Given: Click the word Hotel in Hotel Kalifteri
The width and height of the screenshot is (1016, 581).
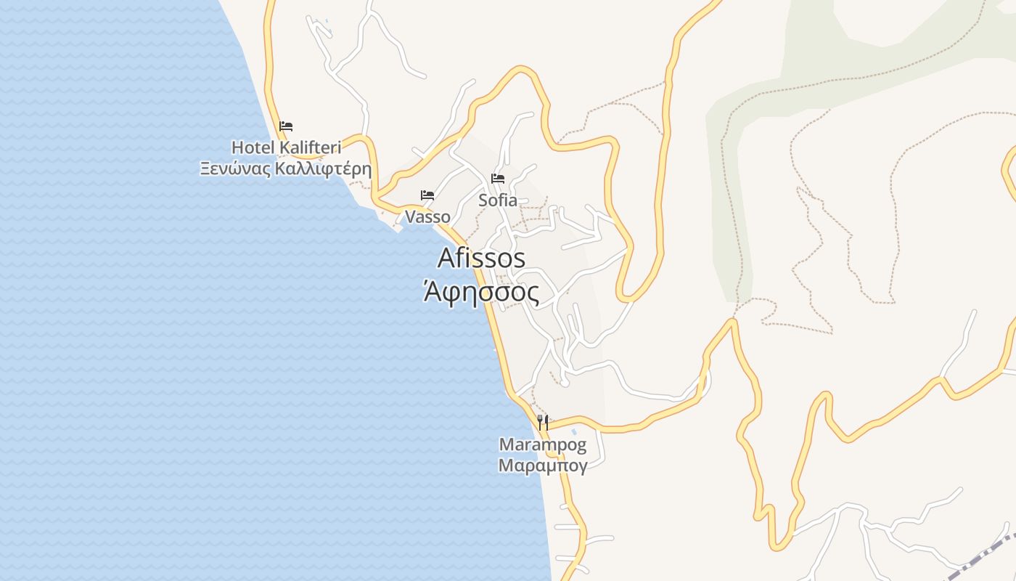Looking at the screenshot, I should pos(253,147).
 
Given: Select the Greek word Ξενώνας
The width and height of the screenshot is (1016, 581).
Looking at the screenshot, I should pos(237,170).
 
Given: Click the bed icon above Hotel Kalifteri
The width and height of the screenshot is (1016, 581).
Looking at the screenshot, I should pos(286,126).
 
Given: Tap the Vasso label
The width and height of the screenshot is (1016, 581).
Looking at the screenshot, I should pos(427,216).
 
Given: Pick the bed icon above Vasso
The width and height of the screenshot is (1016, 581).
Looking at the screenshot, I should pos(427,195).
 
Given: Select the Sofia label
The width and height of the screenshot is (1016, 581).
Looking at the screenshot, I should pos(498,200).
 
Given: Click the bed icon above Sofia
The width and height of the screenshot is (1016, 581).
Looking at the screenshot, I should pos(498,178).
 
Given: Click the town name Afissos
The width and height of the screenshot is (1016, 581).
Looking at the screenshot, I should pos(481,258).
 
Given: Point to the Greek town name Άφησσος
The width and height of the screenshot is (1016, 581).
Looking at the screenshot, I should pos(481,293).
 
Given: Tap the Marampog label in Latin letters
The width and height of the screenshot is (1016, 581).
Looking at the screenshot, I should pos(543,444).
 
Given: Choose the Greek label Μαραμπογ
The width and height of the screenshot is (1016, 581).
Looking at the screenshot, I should pos(543,465).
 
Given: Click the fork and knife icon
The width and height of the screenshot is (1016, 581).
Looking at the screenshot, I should pos(543,421).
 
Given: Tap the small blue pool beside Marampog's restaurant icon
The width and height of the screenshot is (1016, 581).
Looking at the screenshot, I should pos(574,431).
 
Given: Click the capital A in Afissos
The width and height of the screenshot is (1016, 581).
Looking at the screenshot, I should pos(446,259).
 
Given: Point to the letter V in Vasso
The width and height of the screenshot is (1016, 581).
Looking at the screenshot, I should pos(410,216).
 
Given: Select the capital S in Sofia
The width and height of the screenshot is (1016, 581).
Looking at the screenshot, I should pos(483,200).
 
